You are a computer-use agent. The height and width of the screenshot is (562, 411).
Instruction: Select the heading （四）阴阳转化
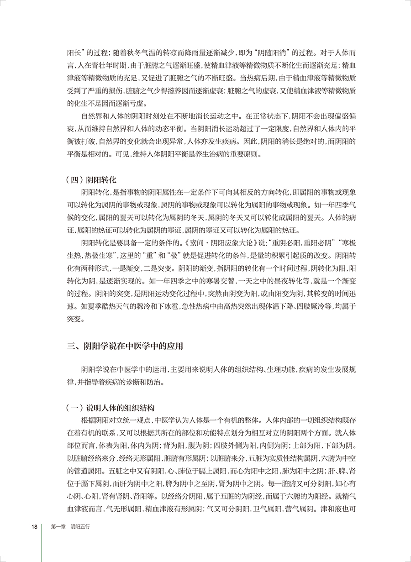[x=92, y=179]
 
